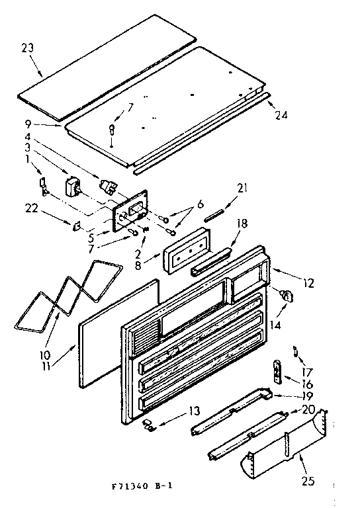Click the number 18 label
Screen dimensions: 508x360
click(x=241, y=224)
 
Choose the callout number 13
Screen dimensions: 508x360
click(x=194, y=411)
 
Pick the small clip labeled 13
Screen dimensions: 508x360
click(x=152, y=425)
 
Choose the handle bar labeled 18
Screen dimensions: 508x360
click(x=210, y=262)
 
